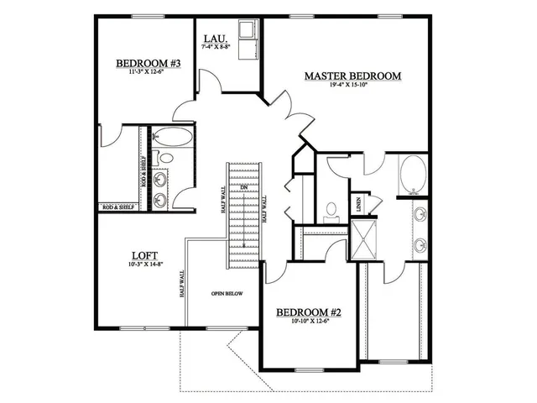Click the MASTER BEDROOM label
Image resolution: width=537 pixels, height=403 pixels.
(352, 76)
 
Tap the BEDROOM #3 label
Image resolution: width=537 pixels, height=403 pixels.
(149, 63)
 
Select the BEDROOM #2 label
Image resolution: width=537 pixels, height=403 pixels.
(310, 313)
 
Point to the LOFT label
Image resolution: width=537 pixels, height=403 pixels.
(141, 255)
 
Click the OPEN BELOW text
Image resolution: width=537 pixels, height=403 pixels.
(227, 294)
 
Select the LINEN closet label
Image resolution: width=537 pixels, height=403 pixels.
(358, 201)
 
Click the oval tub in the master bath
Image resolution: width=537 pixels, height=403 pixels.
(413, 175)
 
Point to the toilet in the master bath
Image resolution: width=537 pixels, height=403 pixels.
(331, 210)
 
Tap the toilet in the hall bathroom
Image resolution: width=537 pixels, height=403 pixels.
(165, 157)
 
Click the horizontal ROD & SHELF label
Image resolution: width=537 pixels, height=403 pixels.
(117, 207)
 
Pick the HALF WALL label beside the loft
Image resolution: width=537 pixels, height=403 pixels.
(182, 285)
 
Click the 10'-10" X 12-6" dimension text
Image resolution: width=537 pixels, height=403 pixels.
(310, 323)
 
